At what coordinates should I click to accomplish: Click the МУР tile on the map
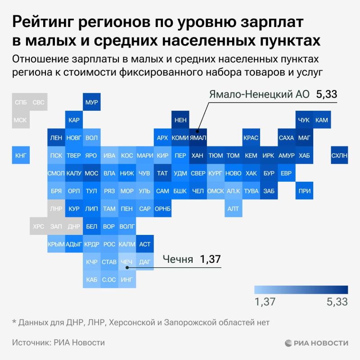pyautogui.click(x=91, y=102)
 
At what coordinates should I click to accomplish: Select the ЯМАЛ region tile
pyautogui.click(x=198, y=138)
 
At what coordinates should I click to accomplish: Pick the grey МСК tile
pyautogui.click(x=21, y=120)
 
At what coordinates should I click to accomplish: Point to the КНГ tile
pyautogui.click(x=21, y=156)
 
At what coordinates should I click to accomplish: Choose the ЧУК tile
pyautogui.click(x=304, y=120)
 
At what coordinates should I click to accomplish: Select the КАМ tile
pyautogui.click(x=321, y=120)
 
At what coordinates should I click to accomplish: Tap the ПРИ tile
pyautogui.click(x=304, y=191)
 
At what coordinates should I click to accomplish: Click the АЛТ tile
pyautogui.click(x=233, y=208)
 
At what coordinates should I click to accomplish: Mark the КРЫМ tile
pyautogui.click(x=56, y=244)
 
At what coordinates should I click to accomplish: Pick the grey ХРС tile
pyautogui.click(x=38, y=226)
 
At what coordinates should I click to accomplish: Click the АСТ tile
pyautogui.click(x=144, y=244)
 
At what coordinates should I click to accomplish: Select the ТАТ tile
pyautogui.click(x=162, y=173)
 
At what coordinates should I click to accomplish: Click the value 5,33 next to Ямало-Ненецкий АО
pyautogui.click(x=326, y=95)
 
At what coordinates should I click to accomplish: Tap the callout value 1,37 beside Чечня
pyautogui.click(x=211, y=259)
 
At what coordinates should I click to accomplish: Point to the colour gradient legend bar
pyautogui.click(x=301, y=289)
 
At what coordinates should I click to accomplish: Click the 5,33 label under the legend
pyautogui.click(x=337, y=302)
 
